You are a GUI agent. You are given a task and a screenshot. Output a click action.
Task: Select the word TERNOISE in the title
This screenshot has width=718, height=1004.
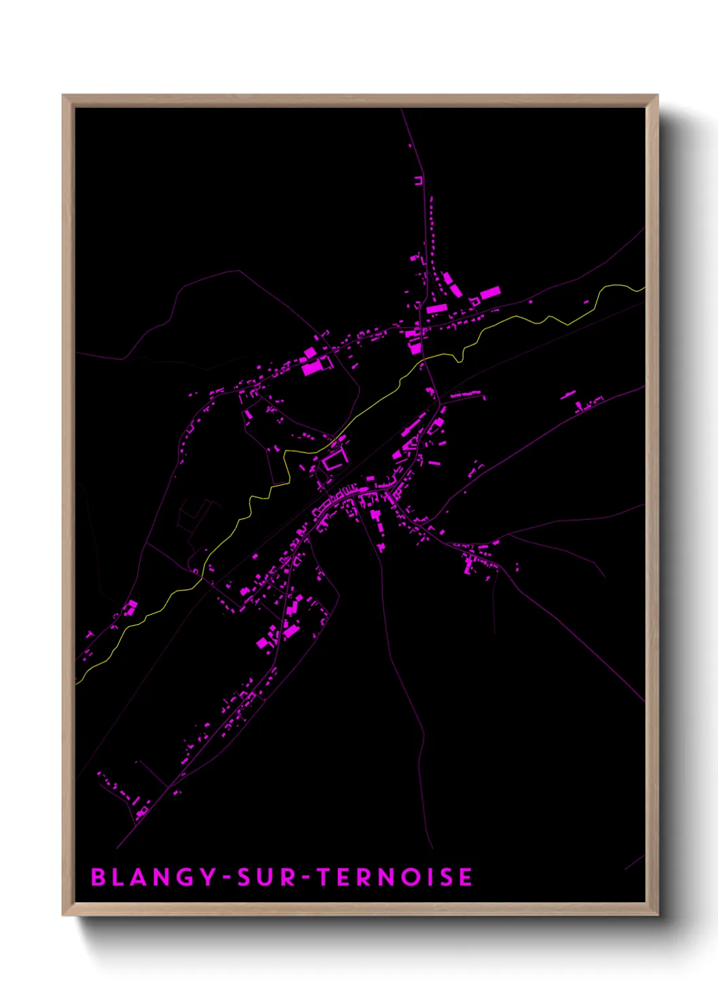point(395,877)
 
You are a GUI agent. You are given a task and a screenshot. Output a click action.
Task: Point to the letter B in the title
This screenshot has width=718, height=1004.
point(98,877)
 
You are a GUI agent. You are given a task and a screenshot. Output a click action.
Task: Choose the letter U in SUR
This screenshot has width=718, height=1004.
point(267,877)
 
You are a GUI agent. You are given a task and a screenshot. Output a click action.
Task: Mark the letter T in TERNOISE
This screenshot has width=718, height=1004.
point(325,877)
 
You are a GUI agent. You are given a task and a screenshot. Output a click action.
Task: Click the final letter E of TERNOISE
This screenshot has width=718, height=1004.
point(466,877)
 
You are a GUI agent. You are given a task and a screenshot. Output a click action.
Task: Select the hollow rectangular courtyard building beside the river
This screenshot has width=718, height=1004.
point(334,461)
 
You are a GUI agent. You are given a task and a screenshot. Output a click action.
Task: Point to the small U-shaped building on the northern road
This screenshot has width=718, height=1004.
point(419,180)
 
